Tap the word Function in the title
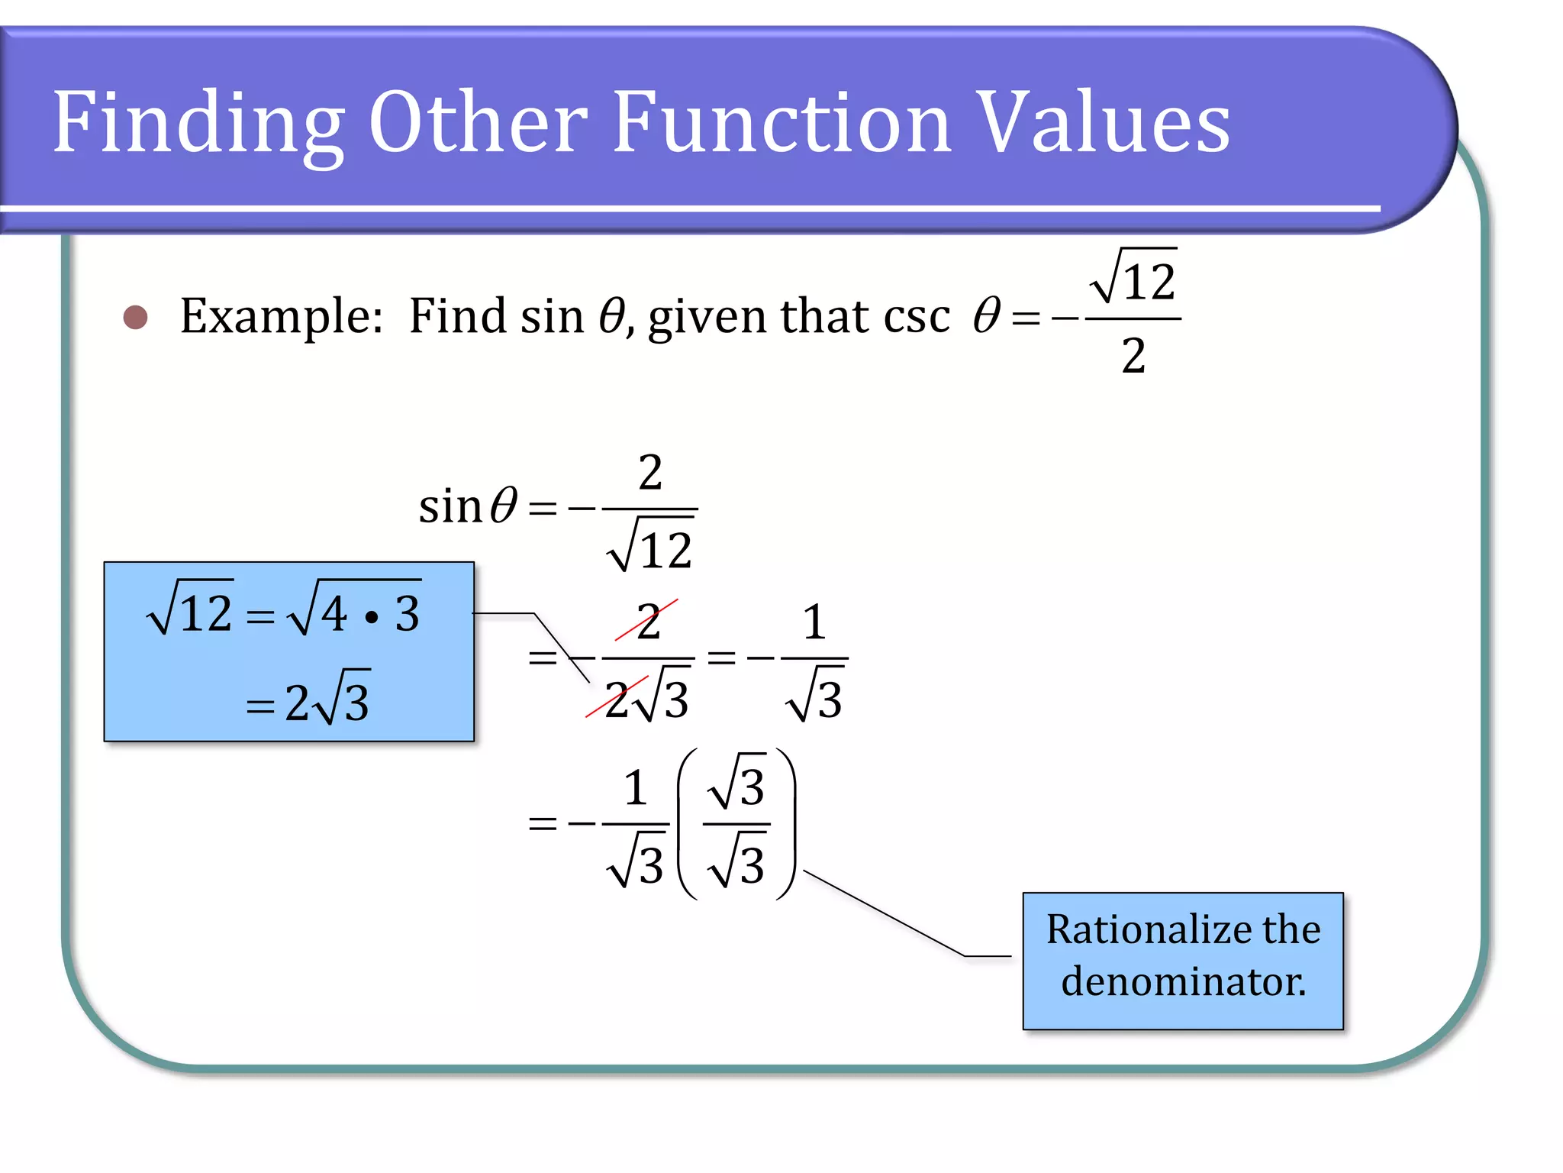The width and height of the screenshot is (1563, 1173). [x=782, y=122]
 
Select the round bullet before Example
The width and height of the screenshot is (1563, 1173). [x=135, y=317]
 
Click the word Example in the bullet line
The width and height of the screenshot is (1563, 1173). [x=280, y=317]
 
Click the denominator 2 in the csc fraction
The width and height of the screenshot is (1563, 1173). [x=1133, y=356]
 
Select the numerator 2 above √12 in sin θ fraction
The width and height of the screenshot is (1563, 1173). [x=650, y=472]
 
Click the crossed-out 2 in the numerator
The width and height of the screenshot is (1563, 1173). [x=648, y=622]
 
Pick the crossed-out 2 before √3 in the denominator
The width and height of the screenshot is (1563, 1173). [x=617, y=699]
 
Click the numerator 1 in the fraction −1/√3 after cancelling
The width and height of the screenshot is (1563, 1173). [x=814, y=622]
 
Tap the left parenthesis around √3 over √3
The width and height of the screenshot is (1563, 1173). [x=687, y=825]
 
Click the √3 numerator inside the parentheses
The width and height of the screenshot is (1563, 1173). [x=737, y=787]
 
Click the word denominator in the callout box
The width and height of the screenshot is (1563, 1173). [x=1183, y=982]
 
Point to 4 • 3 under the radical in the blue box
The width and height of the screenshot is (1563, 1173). [x=370, y=614]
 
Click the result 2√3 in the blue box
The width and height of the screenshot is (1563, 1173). [x=327, y=701]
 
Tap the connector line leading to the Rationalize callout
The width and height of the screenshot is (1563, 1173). [x=885, y=913]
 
